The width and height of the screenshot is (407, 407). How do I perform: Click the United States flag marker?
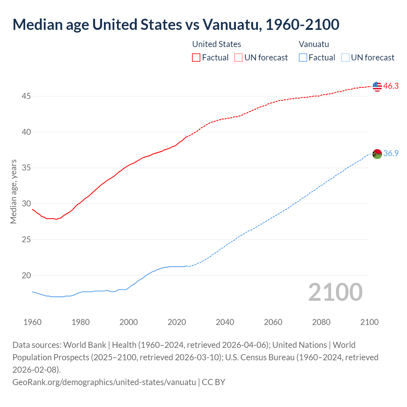[x=377, y=86]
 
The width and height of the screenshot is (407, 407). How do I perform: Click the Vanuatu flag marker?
[x=377, y=154]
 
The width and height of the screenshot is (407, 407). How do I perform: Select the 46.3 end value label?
[x=391, y=86]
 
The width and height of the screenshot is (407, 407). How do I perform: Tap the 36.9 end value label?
[x=391, y=154]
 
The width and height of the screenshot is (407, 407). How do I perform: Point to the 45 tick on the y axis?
[x=26, y=96]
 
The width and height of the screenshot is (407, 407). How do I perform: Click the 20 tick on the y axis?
[x=26, y=275]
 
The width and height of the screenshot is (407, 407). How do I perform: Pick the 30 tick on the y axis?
[x=26, y=203]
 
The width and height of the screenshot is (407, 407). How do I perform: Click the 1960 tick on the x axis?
[x=32, y=322]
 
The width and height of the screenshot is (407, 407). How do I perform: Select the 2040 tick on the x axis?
[x=225, y=322]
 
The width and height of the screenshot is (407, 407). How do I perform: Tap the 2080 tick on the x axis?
[x=321, y=322]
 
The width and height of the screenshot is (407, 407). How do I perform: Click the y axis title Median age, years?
[x=13, y=192]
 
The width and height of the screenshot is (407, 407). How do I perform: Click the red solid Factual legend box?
[x=196, y=58]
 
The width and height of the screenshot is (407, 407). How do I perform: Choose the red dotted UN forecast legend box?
[x=238, y=58]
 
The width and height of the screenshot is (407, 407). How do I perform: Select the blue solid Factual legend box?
[x=303, y=58]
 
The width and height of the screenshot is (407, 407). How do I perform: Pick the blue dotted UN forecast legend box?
[x=345, y=58]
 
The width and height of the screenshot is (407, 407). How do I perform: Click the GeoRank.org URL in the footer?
[x=104, y=382]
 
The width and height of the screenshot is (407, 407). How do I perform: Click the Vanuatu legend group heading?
[x=314, y=44]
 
